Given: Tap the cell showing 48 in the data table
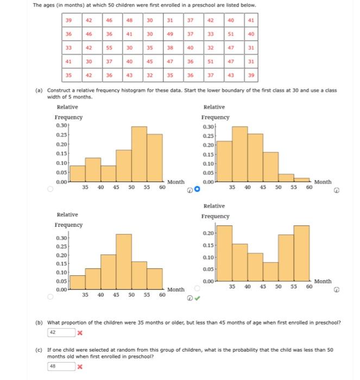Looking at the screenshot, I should pyautogui.click(x=130, y=21).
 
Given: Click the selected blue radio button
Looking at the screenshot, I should pyautogui.click(x=197, y=189).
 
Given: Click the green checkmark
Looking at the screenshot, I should pyautogui.click(x=198, y=297).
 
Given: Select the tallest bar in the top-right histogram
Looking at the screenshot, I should pyautogui.click(x=240, y=155).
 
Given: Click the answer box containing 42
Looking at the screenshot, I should pyautogui.click(x=60, y=331).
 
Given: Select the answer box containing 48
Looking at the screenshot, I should pyautogui.click(x=60, y=366).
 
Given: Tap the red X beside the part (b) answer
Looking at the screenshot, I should pyautogui.click(x=79, y=331).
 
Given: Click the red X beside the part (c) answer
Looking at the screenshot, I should pyautogui.click(x=79, y=366).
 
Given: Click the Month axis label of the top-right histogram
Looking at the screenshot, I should pyautogui.click(x=323, y=182).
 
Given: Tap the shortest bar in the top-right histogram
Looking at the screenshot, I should pyautogui.click(x=301, y=181).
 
